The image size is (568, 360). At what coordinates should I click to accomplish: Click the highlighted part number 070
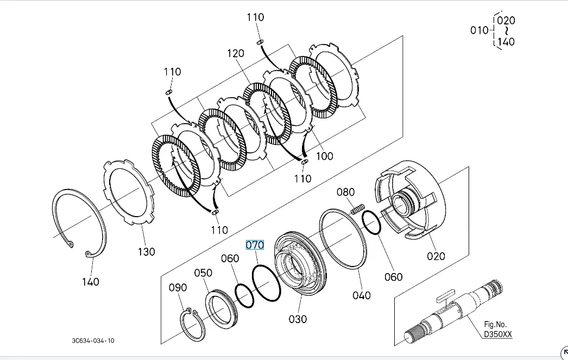(x=255, y=245)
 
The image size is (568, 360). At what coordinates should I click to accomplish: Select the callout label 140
(x=91, y=281)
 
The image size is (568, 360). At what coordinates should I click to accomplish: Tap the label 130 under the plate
(x=146, y=251)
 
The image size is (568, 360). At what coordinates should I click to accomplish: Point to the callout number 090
(x=178, y=288)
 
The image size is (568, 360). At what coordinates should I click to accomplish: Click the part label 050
(x=203, y=273)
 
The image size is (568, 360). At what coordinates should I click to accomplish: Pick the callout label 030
(x=298, y=319)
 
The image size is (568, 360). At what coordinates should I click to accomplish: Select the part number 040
(x=362, y=295)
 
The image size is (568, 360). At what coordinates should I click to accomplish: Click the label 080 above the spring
(x=345, y=192)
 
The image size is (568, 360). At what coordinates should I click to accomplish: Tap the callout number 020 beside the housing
(x=436, y=256)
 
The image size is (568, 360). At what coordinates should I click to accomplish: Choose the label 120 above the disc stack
(x=236, y=53)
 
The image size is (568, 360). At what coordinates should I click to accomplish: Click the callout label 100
(x=324, y=156)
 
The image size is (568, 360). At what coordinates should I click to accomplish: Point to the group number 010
(x=479, y=30)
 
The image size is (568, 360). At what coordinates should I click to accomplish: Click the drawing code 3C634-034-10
(x=93, y=340)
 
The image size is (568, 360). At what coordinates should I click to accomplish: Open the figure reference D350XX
(x=498, y=334)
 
